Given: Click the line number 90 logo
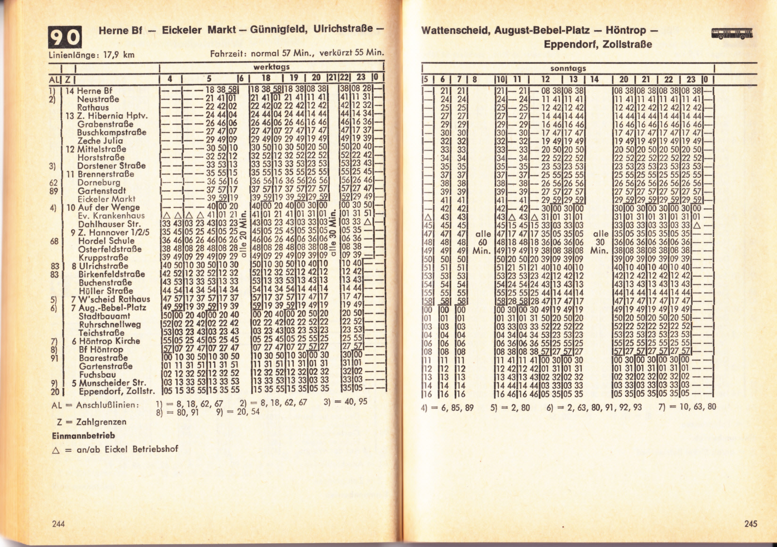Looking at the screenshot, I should point(66,37).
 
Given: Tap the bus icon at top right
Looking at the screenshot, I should point(732,33).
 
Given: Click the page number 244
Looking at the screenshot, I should point(58,523).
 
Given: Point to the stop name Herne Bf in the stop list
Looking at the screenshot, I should point(95,91).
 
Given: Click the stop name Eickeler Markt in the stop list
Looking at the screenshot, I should point(107,199).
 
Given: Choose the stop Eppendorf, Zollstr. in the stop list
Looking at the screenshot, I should point(116,391).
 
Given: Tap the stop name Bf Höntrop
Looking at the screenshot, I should point(101,349).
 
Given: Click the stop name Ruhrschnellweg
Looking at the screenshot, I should point(109,324).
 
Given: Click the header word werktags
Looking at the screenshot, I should point(269,67).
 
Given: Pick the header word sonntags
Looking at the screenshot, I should point(568,68).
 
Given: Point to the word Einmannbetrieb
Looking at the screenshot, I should point(83,436).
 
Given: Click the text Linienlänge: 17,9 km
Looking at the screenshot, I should point(92,55).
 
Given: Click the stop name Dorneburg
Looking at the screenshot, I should point(99,182).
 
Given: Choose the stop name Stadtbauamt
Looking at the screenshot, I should point(104,316).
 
